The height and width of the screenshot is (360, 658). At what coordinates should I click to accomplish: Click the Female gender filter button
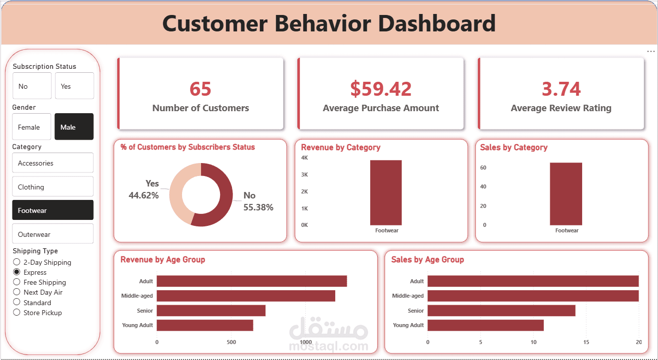click(x=31, y=127)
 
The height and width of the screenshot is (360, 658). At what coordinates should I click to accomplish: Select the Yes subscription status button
click(x=74, y=86)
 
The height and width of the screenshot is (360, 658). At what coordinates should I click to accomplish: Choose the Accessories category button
click(x=52, y=163)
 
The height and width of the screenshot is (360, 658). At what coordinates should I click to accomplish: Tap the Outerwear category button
click(x=52, y=234)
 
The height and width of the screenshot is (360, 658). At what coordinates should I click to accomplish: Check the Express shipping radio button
click(x=17, y=272)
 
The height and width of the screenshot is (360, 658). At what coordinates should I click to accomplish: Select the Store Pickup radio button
click(x=17, y=313)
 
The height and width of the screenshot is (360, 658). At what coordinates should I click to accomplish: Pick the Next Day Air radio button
click(x=17, y=292)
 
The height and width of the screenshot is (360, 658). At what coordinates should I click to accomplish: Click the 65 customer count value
click(x=201, y=89)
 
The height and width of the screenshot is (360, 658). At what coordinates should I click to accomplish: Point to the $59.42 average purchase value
click(x=381, y=89)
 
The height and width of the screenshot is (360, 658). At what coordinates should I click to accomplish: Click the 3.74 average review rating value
click(x=561, y=89)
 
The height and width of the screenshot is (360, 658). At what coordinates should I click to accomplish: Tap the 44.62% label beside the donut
click(x=144, y=195)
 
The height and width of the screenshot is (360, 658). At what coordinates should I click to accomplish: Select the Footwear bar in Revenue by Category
click(x=386, y=192)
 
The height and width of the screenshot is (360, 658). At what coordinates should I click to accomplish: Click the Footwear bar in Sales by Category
click(x=566, y=193)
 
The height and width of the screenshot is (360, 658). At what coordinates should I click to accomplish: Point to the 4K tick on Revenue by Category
click(x=304, y=158)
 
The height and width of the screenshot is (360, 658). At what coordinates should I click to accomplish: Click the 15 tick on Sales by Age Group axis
click(x=586, y=342)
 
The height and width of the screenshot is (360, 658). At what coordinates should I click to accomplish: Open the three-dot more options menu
click(x=651, y=51)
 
